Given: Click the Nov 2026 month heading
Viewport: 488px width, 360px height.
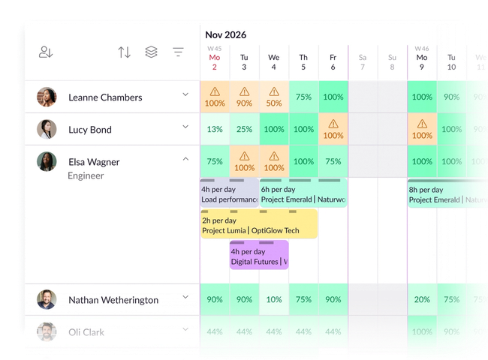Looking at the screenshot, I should (x=225, y=34).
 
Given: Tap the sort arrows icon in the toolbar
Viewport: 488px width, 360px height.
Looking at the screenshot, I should (x=125, y=52).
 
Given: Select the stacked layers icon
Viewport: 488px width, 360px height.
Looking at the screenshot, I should (x=151, y=52).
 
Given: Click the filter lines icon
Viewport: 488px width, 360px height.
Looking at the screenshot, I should (x=178, y=52).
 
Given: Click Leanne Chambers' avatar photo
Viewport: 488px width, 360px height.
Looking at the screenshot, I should (x=47, y=97).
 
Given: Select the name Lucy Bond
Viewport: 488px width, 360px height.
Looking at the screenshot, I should (x=89, y=130).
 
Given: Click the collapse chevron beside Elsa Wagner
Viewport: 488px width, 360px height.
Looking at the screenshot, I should (x=185, y=158).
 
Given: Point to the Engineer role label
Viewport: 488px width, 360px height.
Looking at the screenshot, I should (x=86, y=176).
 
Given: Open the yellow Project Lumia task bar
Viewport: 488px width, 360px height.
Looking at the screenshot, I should (x=259, y=225).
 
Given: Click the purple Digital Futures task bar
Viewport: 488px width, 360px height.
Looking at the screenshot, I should (x=259, y=256).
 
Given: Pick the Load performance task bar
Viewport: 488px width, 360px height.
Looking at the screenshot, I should (x=229, y=194).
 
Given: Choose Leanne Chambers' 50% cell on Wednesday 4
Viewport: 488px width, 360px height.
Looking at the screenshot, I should (x=274, y=97).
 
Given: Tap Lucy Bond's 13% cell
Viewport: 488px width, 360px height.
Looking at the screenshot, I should (x=215, y=129).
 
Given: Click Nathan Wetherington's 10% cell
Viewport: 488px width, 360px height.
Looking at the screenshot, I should (x=274, y=300).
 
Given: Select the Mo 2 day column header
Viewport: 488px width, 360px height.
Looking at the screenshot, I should (x=215, y=61).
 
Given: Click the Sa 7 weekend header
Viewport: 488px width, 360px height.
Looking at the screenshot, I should (x=363, y=61).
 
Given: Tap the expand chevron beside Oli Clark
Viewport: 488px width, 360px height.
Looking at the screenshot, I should (x=185, y=330).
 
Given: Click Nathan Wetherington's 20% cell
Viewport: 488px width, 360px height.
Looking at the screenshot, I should (x=422, y=300).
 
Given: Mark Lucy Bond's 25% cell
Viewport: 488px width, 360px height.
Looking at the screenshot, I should (x=244, y=129).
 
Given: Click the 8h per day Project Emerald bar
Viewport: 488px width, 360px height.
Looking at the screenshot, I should (x=447, y=194).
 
